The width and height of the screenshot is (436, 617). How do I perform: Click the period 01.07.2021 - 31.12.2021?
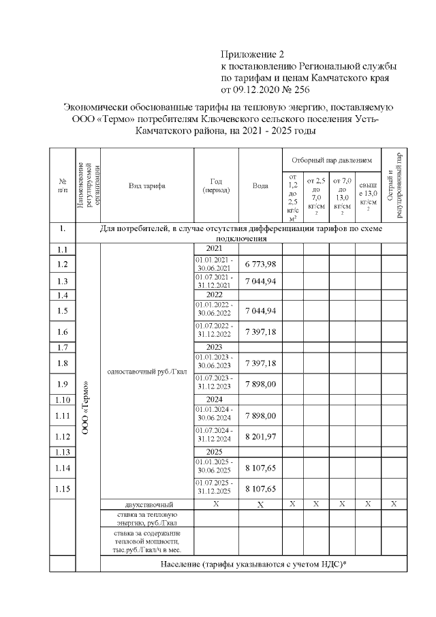pos(216,281)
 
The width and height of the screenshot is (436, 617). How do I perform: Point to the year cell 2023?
pos(216,347)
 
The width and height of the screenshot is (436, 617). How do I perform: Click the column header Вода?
pos(260,185)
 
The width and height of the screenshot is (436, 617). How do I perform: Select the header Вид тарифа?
pos(147,185)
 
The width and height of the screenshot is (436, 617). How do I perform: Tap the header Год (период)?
pos(216,185)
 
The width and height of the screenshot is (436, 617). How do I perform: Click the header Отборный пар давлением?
pos(331,160)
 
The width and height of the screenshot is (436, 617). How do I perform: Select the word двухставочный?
pos(147,505)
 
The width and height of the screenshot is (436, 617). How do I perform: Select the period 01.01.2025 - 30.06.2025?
pos(216,467)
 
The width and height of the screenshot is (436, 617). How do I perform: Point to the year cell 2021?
pos(216,249)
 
